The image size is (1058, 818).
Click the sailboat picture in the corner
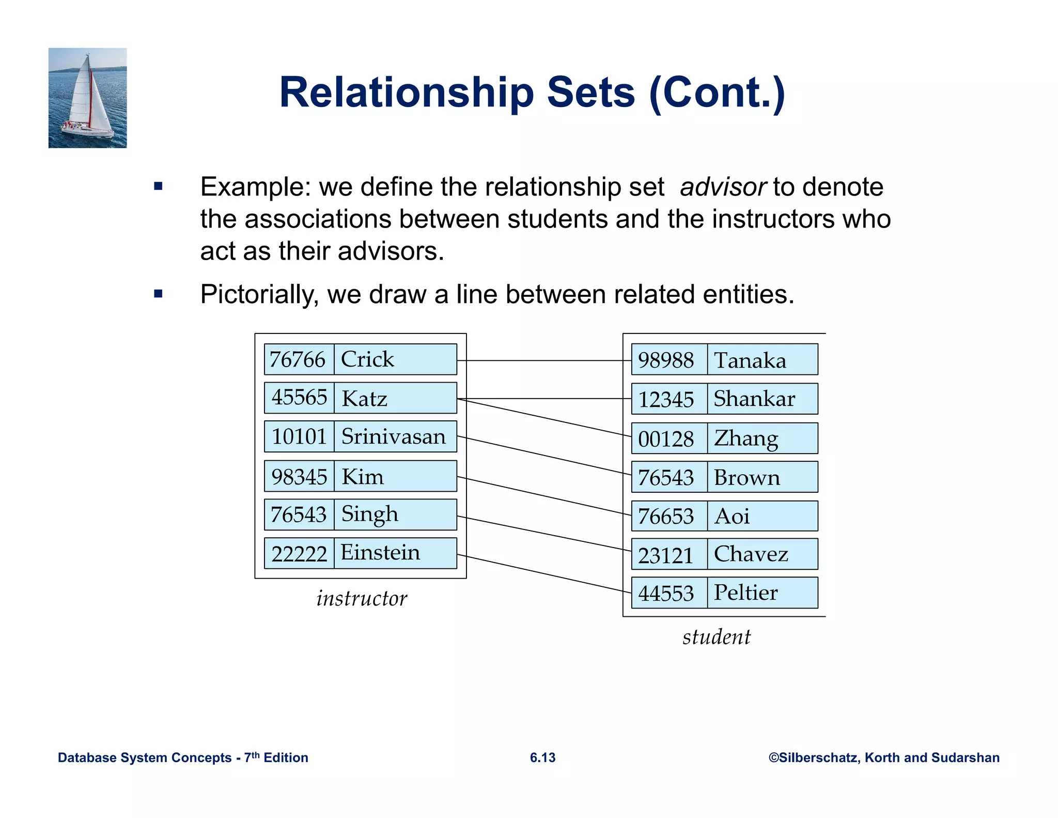87,98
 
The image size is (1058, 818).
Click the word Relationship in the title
406,93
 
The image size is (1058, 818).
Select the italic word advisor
723,187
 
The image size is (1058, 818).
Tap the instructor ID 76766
298,360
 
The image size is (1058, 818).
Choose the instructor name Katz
364,399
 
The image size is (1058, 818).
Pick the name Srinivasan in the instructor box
393,437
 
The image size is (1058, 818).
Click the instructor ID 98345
299,477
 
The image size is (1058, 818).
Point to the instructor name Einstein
380,553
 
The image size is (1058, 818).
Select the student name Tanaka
750,360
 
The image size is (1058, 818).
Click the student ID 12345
666,400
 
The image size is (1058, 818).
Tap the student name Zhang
745,438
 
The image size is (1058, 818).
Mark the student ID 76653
665,517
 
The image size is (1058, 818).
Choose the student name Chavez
751,554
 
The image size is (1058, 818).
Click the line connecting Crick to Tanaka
542,360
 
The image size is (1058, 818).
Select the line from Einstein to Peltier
542,573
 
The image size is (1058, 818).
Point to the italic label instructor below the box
362,599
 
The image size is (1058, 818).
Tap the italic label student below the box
717,637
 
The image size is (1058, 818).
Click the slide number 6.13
542,758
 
